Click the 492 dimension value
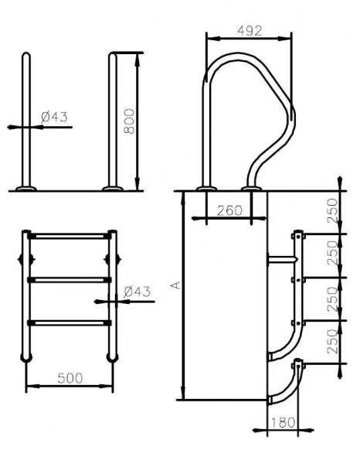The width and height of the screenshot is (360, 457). point(250,31)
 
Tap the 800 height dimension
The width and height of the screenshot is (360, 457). point(129,121)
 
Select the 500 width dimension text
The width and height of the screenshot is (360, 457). point(70,378)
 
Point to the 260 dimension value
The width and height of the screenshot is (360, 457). point(229,210)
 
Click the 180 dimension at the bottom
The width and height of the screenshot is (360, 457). point(283,422)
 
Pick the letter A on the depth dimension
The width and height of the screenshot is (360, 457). point(175,285)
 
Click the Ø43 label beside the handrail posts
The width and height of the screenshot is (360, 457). point(55,117)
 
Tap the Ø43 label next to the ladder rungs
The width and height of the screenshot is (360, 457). point(137,292)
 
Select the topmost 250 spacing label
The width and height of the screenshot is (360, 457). point(332,211)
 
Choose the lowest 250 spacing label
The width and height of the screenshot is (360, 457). point(332,342)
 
